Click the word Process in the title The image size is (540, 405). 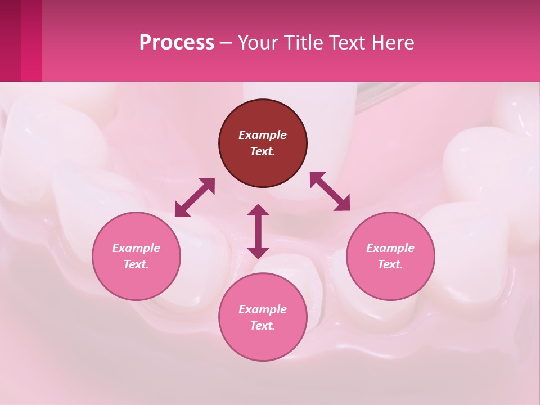[177, 43]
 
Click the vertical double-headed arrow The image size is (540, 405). [258, 231]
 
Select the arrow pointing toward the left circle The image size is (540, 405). [195, 197]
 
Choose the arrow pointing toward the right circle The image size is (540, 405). [330, 191]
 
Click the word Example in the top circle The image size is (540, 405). [263, 135]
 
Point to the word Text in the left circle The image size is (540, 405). [136, 264]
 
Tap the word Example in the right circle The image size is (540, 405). [390, 248]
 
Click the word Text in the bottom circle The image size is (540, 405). [263, 326]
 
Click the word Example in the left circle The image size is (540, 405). [136, 248]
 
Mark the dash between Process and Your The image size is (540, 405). [226, 43]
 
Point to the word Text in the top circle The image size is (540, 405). [263, 151]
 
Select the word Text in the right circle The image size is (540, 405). [390, 264]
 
